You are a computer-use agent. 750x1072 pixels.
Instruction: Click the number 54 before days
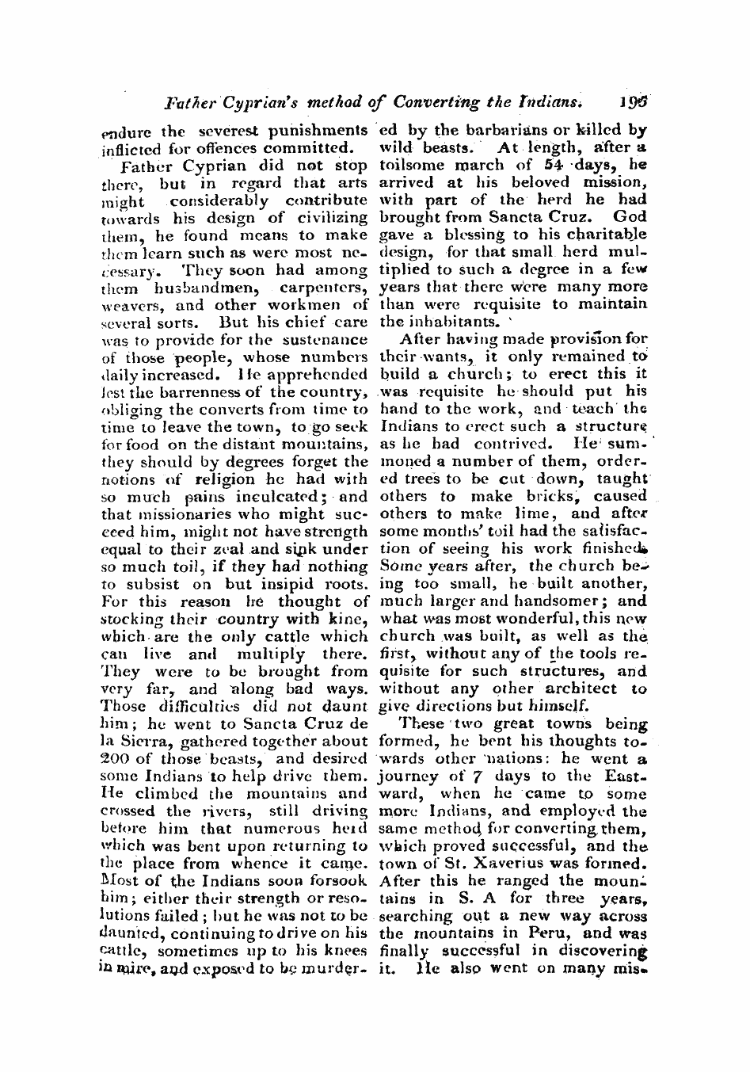(x=529, y=166)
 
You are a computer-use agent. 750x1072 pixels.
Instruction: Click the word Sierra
(x=140, y=741)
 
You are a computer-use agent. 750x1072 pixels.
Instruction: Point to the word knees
(x=345, y=951)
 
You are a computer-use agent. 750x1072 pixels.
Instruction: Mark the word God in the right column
(x=631, y=217)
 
